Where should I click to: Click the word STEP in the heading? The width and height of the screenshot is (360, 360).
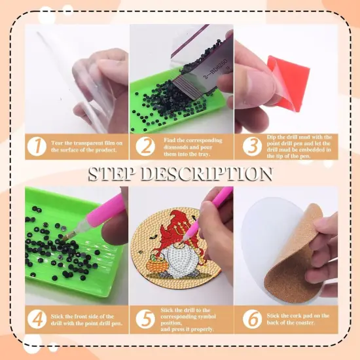click(x=119, y=173)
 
